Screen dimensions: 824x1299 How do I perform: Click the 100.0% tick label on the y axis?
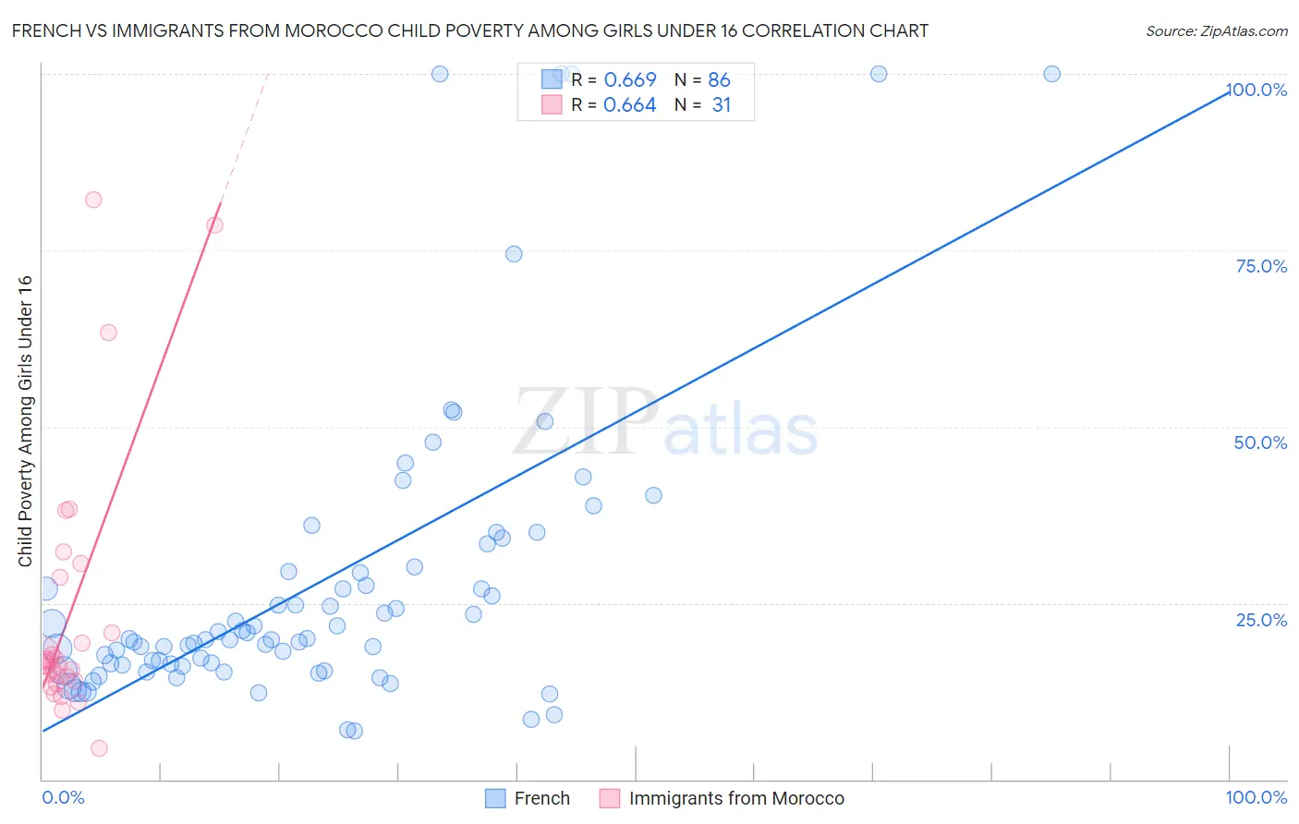coord(1257,90)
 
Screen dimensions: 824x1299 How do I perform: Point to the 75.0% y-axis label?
coord(1261,266)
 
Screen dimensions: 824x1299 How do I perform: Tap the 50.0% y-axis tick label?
coord(1260,442)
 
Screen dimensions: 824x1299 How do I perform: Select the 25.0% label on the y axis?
coord(1261,619)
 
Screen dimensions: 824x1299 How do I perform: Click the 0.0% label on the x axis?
coord(63,797)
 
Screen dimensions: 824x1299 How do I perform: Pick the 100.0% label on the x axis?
coord(1256,797)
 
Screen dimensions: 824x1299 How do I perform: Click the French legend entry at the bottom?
coord(541,798)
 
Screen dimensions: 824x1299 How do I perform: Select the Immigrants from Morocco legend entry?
coord(736,798)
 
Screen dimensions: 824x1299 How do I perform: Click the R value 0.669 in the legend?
coord(630,80)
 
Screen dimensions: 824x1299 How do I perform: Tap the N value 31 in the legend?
coord(722,105)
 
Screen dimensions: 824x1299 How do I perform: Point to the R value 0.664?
coord(630,105)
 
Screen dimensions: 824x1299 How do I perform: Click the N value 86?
coord(719,80)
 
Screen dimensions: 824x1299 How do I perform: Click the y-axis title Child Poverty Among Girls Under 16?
coord(25,421)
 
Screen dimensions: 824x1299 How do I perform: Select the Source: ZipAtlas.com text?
coord(1216,31)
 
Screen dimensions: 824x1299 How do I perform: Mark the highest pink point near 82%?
coord(93,200)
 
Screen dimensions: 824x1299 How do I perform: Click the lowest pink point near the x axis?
coord(99,748)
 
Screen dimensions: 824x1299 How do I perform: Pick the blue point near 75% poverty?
coord(514,254)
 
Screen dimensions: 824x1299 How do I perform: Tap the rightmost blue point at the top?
coord(1051,74)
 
